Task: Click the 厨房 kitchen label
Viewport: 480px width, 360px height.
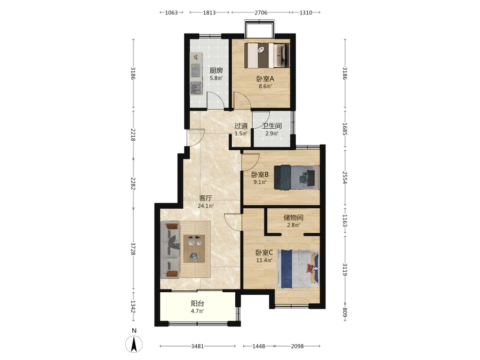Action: coord(216,71)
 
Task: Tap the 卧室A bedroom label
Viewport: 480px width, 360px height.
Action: coord(265,79)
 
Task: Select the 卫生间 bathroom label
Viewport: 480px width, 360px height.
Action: coord(272,126)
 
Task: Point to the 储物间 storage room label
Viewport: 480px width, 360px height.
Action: coord(293,217)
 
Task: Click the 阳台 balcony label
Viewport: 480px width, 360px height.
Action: coord(197,304)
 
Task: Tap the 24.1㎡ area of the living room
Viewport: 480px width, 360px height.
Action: coord(205,206)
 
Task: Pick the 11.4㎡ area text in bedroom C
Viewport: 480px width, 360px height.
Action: coord(264,261)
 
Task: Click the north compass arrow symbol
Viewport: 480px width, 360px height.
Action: coord(134,344)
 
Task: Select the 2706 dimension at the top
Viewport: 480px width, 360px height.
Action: coord(261,12)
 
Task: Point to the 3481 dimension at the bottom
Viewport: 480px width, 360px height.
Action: coord(197,346)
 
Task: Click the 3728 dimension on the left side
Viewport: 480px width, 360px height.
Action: coord(133,249)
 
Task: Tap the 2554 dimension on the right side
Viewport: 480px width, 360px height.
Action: coord(345,178)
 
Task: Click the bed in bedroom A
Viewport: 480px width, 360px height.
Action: coord(268,55)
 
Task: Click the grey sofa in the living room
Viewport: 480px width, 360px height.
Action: coord(170,250)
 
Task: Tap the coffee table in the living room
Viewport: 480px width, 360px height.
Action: coord(194,248)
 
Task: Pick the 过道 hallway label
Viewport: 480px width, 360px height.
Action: coord(241,126)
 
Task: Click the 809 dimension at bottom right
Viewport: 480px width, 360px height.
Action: coord(345,312)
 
